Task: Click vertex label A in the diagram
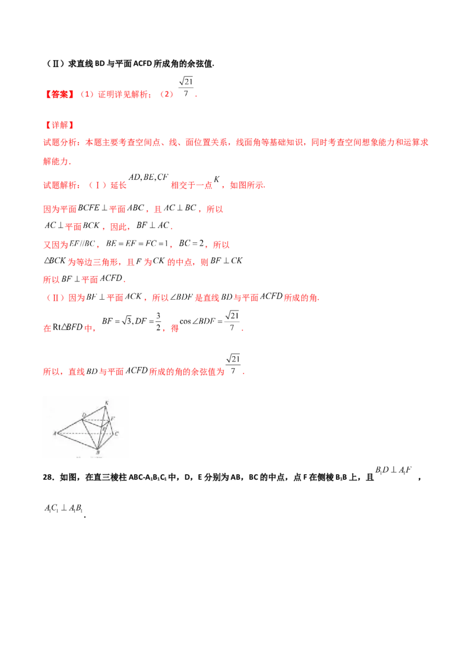pos(55,433)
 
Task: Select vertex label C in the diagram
pos(117,434)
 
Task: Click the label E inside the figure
pos(104,428)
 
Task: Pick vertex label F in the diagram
pos(113,419)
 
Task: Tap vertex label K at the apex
pos(106,404)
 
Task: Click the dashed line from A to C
pos(86,433)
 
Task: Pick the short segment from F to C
pos(112,427)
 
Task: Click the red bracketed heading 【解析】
pos(59,125)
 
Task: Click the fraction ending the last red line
pos(236,363)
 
